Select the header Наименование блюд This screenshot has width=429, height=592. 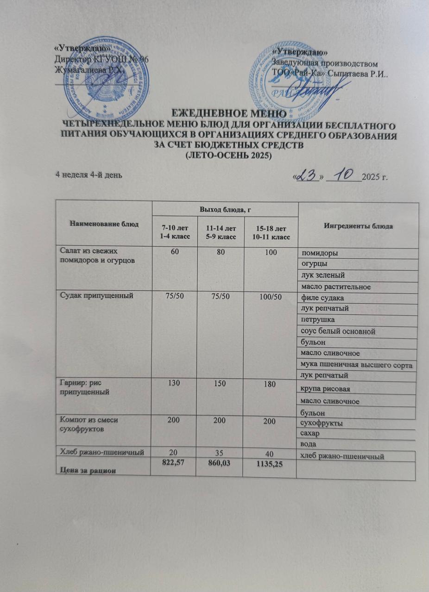point(104,224)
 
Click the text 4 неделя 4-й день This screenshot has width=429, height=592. point(89,174)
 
